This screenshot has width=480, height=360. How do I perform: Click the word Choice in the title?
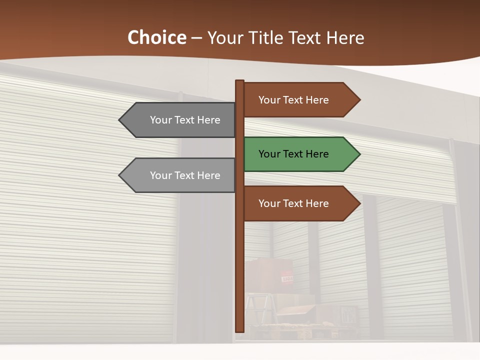coord(156,38)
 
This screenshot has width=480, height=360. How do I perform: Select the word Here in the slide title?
coord(345,38)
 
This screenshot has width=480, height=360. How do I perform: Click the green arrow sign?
coord(300,154)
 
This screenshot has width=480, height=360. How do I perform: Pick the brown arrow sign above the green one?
coord(300,100)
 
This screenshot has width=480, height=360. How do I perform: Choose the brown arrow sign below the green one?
coord(300,203)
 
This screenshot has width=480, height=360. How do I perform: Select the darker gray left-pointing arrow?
coord(180,120)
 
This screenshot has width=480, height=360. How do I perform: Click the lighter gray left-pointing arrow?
coord(180,175)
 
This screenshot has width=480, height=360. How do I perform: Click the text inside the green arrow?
coord(293,154)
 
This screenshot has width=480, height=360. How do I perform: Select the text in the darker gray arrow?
coord(185,120)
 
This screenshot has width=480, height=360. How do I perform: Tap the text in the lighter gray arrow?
coord(185,175)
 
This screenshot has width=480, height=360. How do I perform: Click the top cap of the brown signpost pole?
coord(239,82)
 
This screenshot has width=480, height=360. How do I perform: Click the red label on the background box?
coord(287,277)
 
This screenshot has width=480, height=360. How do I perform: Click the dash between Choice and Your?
coord(196,38)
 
